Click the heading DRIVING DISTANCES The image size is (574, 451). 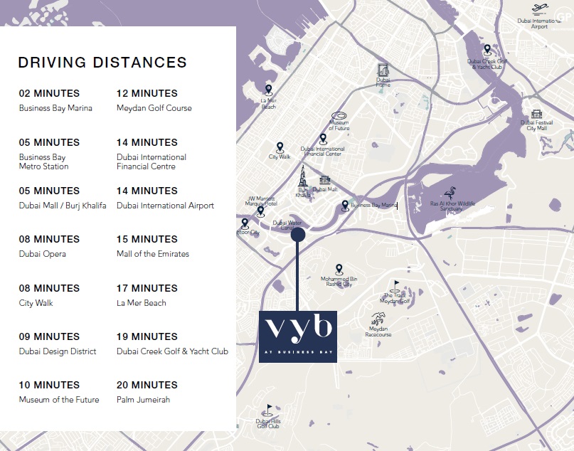point(102,63)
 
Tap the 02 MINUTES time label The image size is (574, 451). point(49,93)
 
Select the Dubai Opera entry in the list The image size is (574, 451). point(43,254)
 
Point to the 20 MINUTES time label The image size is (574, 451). point(147,385)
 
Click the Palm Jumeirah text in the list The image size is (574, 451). point(143,400)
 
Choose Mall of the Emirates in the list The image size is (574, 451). point(153,254)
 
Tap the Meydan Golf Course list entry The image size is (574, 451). point(154,108)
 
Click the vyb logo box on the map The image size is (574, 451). point(297,336)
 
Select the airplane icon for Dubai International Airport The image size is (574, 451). point(540,9)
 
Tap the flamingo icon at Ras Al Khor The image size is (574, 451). point(450,193)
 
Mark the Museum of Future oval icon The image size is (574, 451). point(339,115)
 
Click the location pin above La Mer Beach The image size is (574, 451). point(268,90)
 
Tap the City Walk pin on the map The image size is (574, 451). point(280,147)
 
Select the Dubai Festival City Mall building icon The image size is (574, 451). point(537,115)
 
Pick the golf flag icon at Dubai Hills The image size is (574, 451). point(268,410)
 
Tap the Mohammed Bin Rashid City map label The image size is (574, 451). point(339,282)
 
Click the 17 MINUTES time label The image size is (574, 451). point(147,288)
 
